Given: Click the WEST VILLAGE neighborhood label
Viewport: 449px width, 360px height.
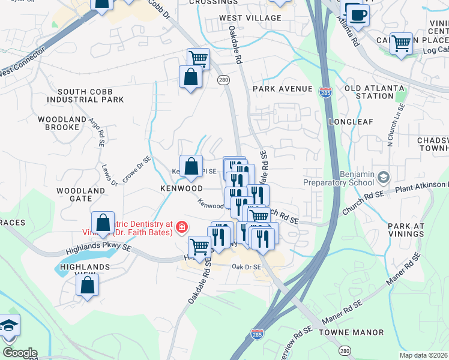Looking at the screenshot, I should (250, 18).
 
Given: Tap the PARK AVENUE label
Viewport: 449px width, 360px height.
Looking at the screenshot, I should (283, 89).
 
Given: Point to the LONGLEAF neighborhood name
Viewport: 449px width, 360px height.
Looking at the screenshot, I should (351, 122).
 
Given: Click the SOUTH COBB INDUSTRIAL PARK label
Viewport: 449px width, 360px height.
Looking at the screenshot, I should (85, 95).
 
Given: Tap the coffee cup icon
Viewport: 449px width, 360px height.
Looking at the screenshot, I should (358, 15).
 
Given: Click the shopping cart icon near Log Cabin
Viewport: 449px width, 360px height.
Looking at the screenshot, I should (401, 44).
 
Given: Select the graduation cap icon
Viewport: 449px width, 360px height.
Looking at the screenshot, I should (9, 325).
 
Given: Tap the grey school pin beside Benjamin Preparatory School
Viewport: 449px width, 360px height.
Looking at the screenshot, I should (384, 177).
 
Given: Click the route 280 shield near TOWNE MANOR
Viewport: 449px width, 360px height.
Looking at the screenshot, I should (345, 350).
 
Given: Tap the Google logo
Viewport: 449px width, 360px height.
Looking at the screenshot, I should (20, 353).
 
